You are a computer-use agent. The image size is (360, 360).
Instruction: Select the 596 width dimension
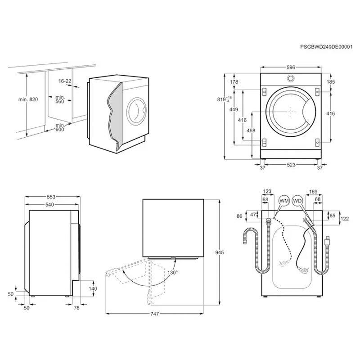pyautogui.click(x=291, y=67)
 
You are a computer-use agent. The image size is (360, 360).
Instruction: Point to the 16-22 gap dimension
pyautogui.click(x=65, y=81)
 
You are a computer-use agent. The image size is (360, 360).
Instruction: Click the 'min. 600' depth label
pyautogui.click(x=59, y=127)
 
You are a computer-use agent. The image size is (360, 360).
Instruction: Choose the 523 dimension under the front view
pyautogui.click(x=291, y=166)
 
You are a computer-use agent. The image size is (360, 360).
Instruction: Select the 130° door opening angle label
pyautogui.click(x=173, y=272)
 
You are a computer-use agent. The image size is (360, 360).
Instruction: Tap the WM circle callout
pyautogui.click(x=284, y=200)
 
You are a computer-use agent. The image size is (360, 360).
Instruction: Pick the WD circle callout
pyautogui.click(x=297, y=200)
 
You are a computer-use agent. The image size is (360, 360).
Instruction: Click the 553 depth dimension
pyautogui.click(x=51, y=197)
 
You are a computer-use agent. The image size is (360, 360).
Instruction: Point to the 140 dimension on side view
pyautogui.click(x=93, y=288)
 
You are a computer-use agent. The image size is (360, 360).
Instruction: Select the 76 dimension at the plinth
pyautogui.click(x=76, y=308)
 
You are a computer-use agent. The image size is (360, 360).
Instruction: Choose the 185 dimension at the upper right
pyautogui.click(x=331, y=82)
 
